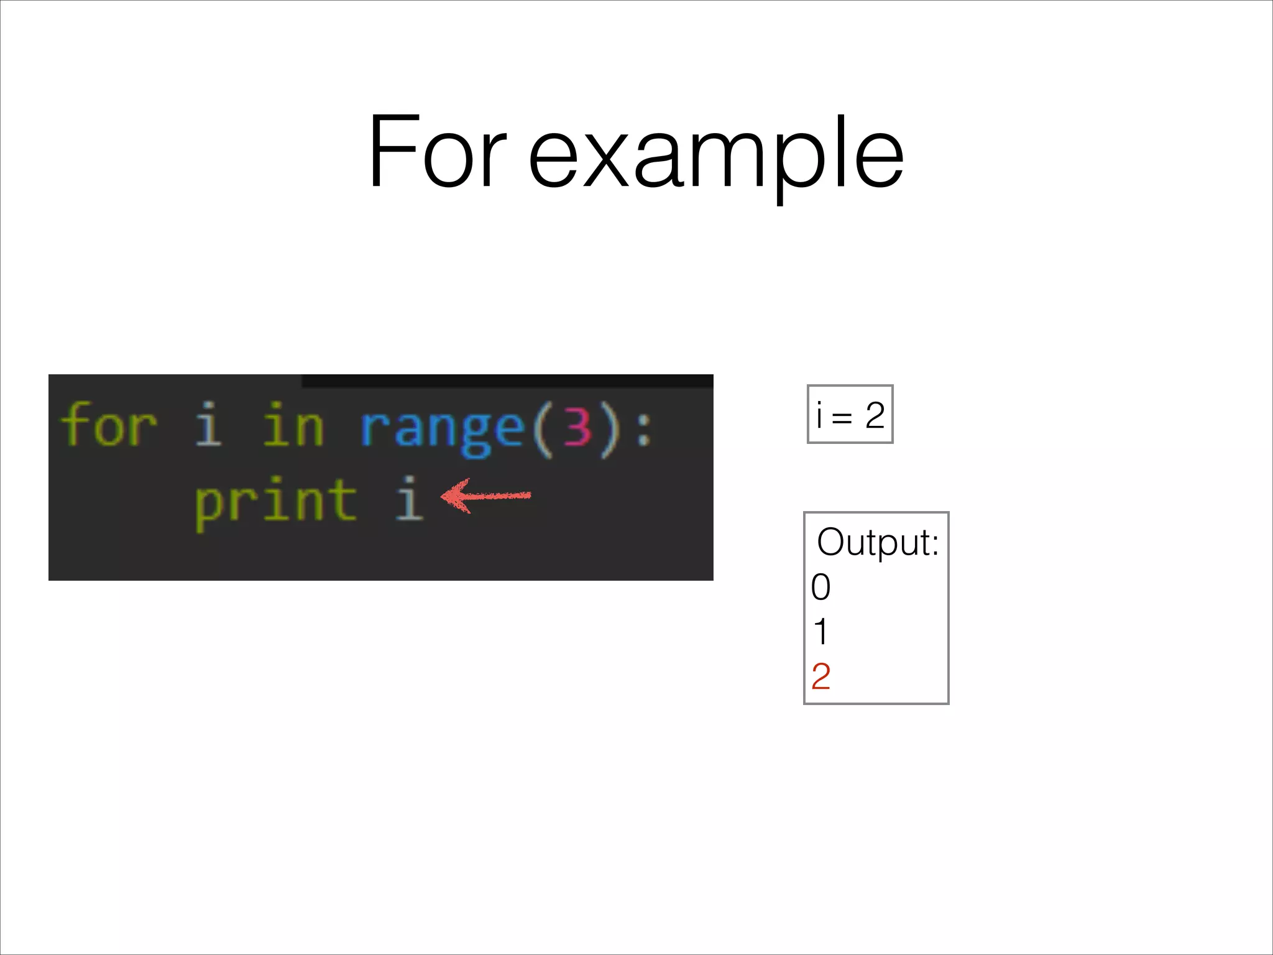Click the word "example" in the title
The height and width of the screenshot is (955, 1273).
coord(715,155)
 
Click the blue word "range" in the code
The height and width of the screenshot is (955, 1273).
coord(442,429)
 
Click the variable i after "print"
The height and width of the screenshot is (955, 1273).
coord(409,499)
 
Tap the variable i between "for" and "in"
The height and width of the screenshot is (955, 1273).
coord(208,425)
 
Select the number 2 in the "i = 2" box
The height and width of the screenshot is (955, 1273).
coord(875,415)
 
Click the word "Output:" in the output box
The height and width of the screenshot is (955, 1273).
coord(877,543)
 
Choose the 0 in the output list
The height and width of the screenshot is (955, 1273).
coord(820,588)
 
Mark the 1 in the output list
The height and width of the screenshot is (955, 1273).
coord(820,632)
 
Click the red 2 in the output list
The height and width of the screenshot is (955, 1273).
coord(820,676)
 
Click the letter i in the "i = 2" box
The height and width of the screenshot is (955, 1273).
coord(819,415)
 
